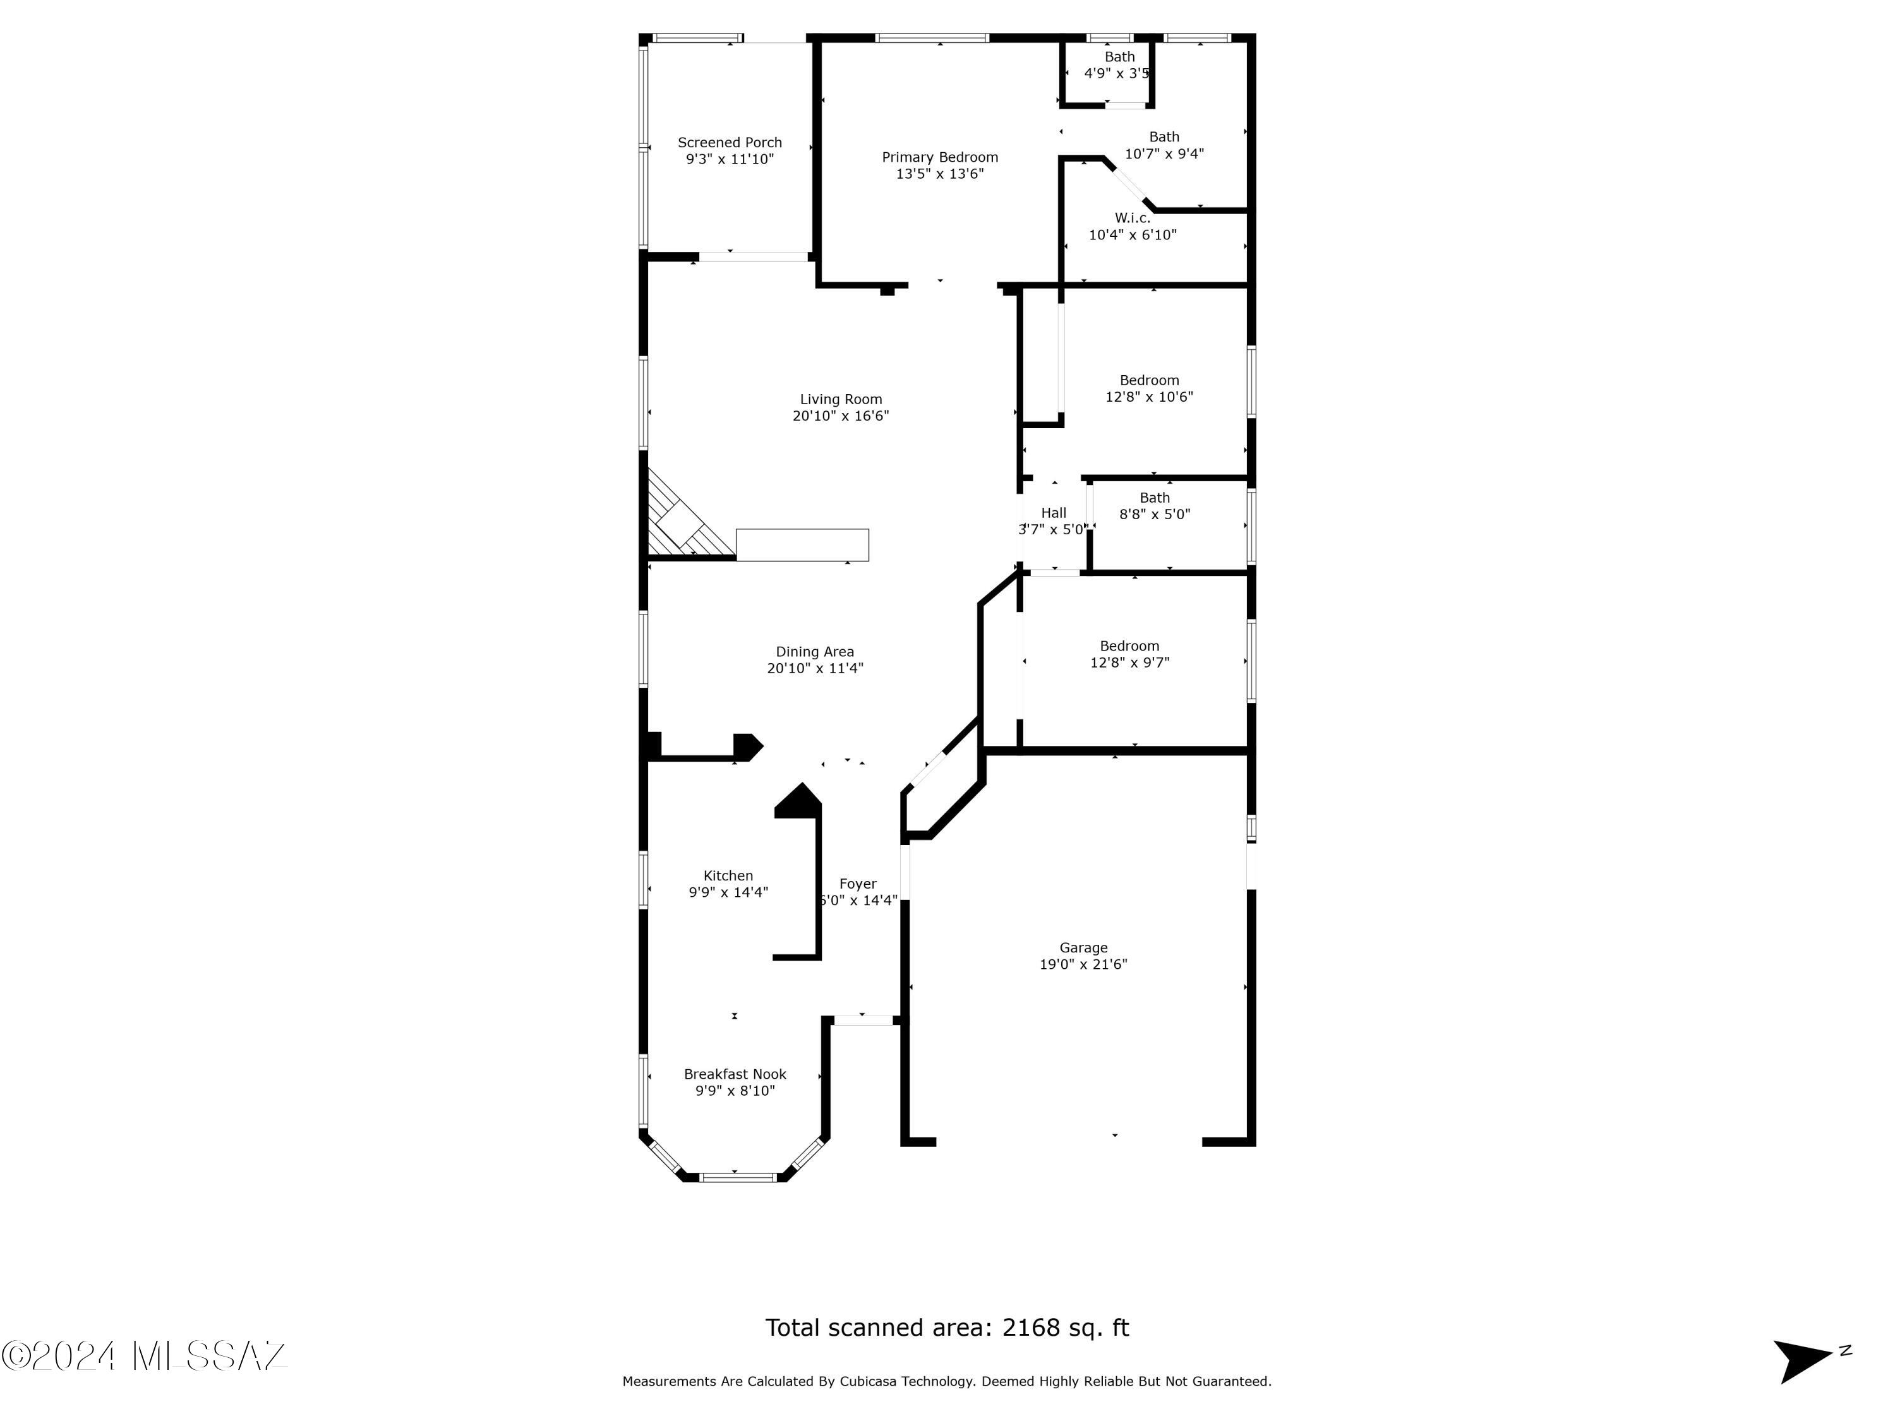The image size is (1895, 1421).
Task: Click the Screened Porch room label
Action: [x=729, y=143]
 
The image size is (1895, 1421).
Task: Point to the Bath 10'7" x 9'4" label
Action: [x=1164, y=146]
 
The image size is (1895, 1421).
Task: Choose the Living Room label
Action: [x=840, y=399]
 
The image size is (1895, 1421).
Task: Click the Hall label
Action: [x=1053, y=513]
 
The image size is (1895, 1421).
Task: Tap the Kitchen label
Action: [x=727, y=875]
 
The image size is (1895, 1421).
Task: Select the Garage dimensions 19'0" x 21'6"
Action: [x=1083, y=964]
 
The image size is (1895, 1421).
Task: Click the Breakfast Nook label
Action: [x=734, y=1074]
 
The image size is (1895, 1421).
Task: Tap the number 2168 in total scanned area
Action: [x=1032, y=1328]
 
